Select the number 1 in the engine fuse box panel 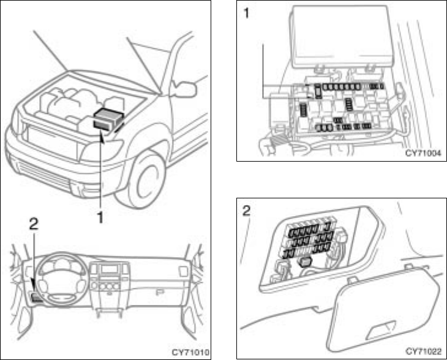coord(247,13)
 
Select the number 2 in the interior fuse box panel coord(247,211)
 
